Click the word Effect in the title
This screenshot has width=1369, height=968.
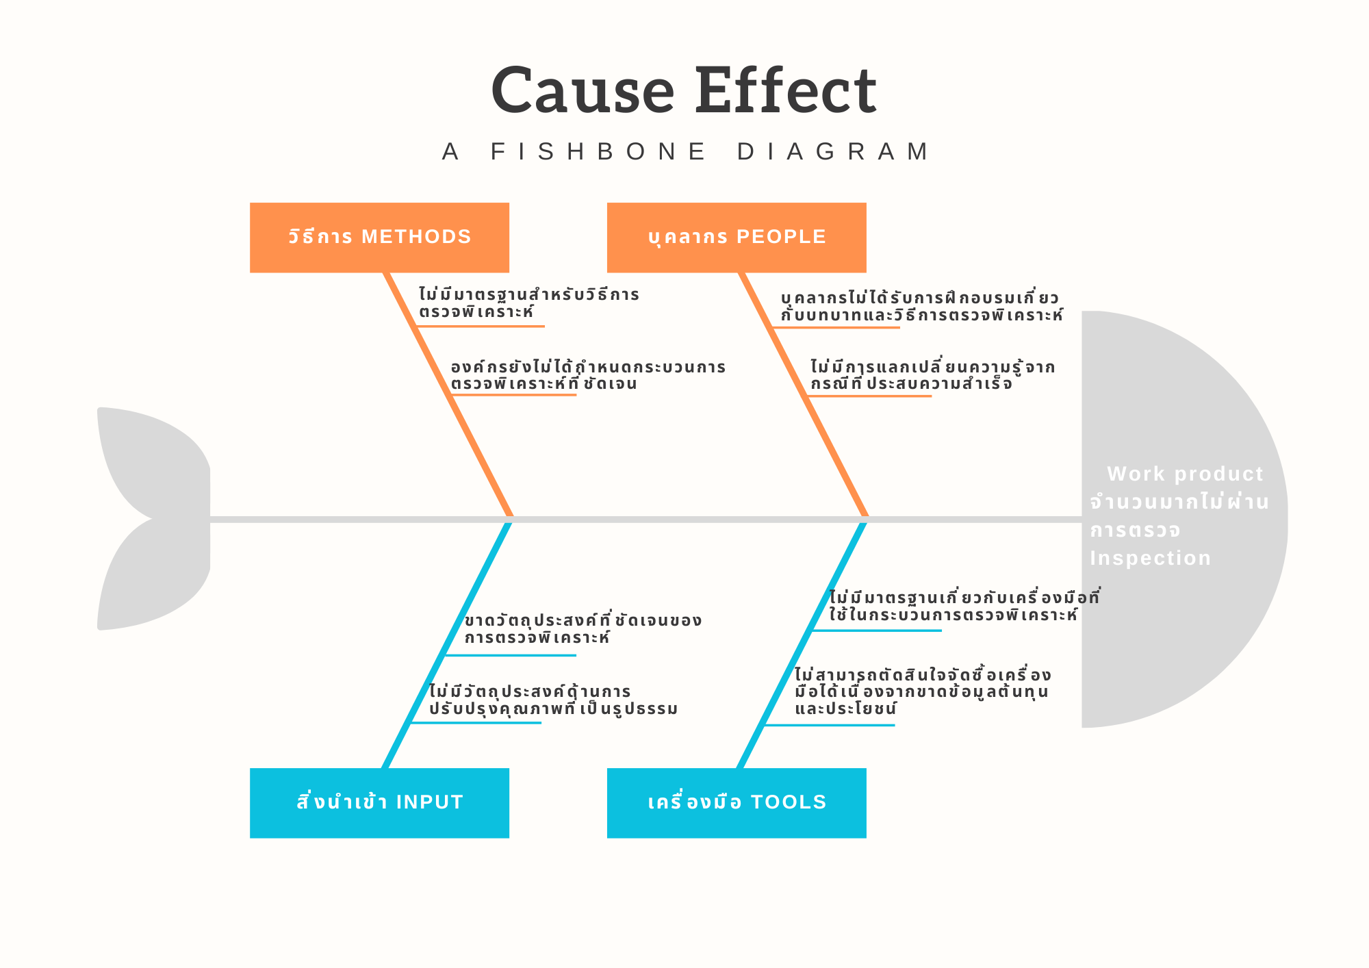785,91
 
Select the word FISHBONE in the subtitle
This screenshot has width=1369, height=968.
598,151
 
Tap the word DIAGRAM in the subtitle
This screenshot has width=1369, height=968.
833,151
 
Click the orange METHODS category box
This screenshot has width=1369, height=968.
379,237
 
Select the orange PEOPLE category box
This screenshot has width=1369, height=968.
737,237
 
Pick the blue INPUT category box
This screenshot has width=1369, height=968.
379,802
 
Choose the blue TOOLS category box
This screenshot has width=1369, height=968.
737,802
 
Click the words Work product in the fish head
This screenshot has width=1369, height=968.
1185,474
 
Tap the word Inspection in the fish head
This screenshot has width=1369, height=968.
1150,558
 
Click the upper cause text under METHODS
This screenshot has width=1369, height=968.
528,303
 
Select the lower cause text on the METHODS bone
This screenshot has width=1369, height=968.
587,375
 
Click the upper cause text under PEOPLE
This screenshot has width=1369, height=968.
921,307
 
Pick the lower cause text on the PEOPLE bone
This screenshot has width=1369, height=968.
932,375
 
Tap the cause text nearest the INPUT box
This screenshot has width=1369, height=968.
553,700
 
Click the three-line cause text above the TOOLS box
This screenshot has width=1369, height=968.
921,691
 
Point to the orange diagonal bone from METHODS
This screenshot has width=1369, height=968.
448,394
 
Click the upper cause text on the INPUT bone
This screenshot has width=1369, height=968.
583,629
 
